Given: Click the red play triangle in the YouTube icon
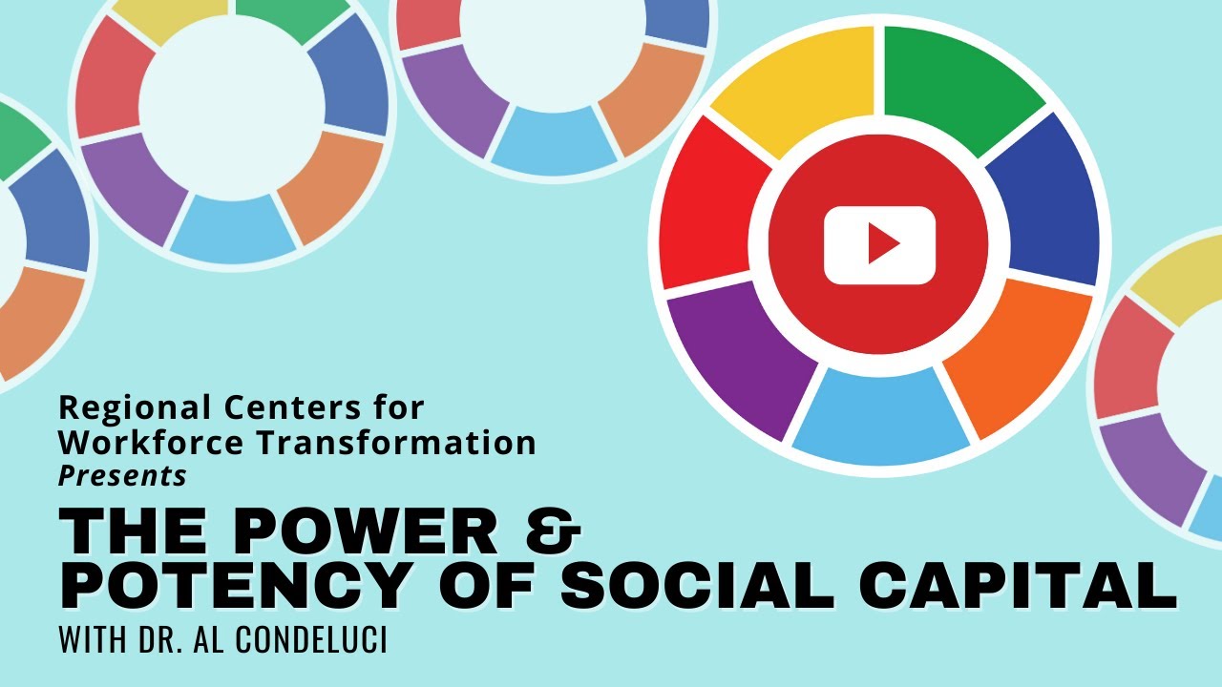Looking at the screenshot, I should [882, 247].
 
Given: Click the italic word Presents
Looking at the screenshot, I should [122, 474].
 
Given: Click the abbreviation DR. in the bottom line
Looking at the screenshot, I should [166, 639].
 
